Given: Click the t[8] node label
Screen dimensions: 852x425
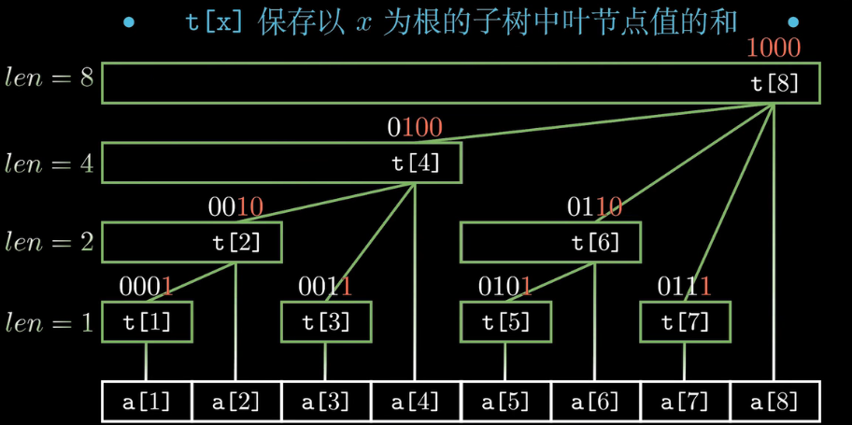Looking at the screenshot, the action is click(x=775, y=83).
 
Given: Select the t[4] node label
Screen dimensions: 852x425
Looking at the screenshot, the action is click(x=416, y=163).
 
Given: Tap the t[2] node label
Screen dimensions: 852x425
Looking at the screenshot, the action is click(x=237, y=243).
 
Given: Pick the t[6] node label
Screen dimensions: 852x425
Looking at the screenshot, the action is click(x=596, y=243).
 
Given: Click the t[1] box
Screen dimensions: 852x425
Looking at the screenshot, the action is click(x=147, y=322).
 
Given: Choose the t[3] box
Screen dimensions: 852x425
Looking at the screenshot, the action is click(x=326, y=322).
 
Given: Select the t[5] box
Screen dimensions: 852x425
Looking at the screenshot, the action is click(x=505, y=322).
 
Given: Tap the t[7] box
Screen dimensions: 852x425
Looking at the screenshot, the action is click(x=685, y=322).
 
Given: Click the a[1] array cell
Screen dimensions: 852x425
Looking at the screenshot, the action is click(x=147, y=403).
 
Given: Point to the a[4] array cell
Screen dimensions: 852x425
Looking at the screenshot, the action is click(x=416, y=403).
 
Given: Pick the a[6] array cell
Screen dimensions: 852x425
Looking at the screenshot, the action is click(x=595, y=403).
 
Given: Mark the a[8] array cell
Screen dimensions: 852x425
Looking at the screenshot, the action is click(x=774, y=403).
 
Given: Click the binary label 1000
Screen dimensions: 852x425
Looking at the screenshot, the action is click(x=774, y=48).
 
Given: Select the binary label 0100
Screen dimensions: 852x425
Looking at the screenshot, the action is click(x=415, y=127).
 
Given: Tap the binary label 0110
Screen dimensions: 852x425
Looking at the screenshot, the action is click(x=595, y=206).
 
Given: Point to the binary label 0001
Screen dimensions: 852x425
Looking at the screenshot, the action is click(x=147, y=286).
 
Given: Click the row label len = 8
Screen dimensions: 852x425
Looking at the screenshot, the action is click(x=50, y=78).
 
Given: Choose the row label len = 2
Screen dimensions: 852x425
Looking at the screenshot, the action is click(x=50, y=242).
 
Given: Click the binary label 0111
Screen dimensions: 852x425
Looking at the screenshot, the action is click(x=685, y=286).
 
